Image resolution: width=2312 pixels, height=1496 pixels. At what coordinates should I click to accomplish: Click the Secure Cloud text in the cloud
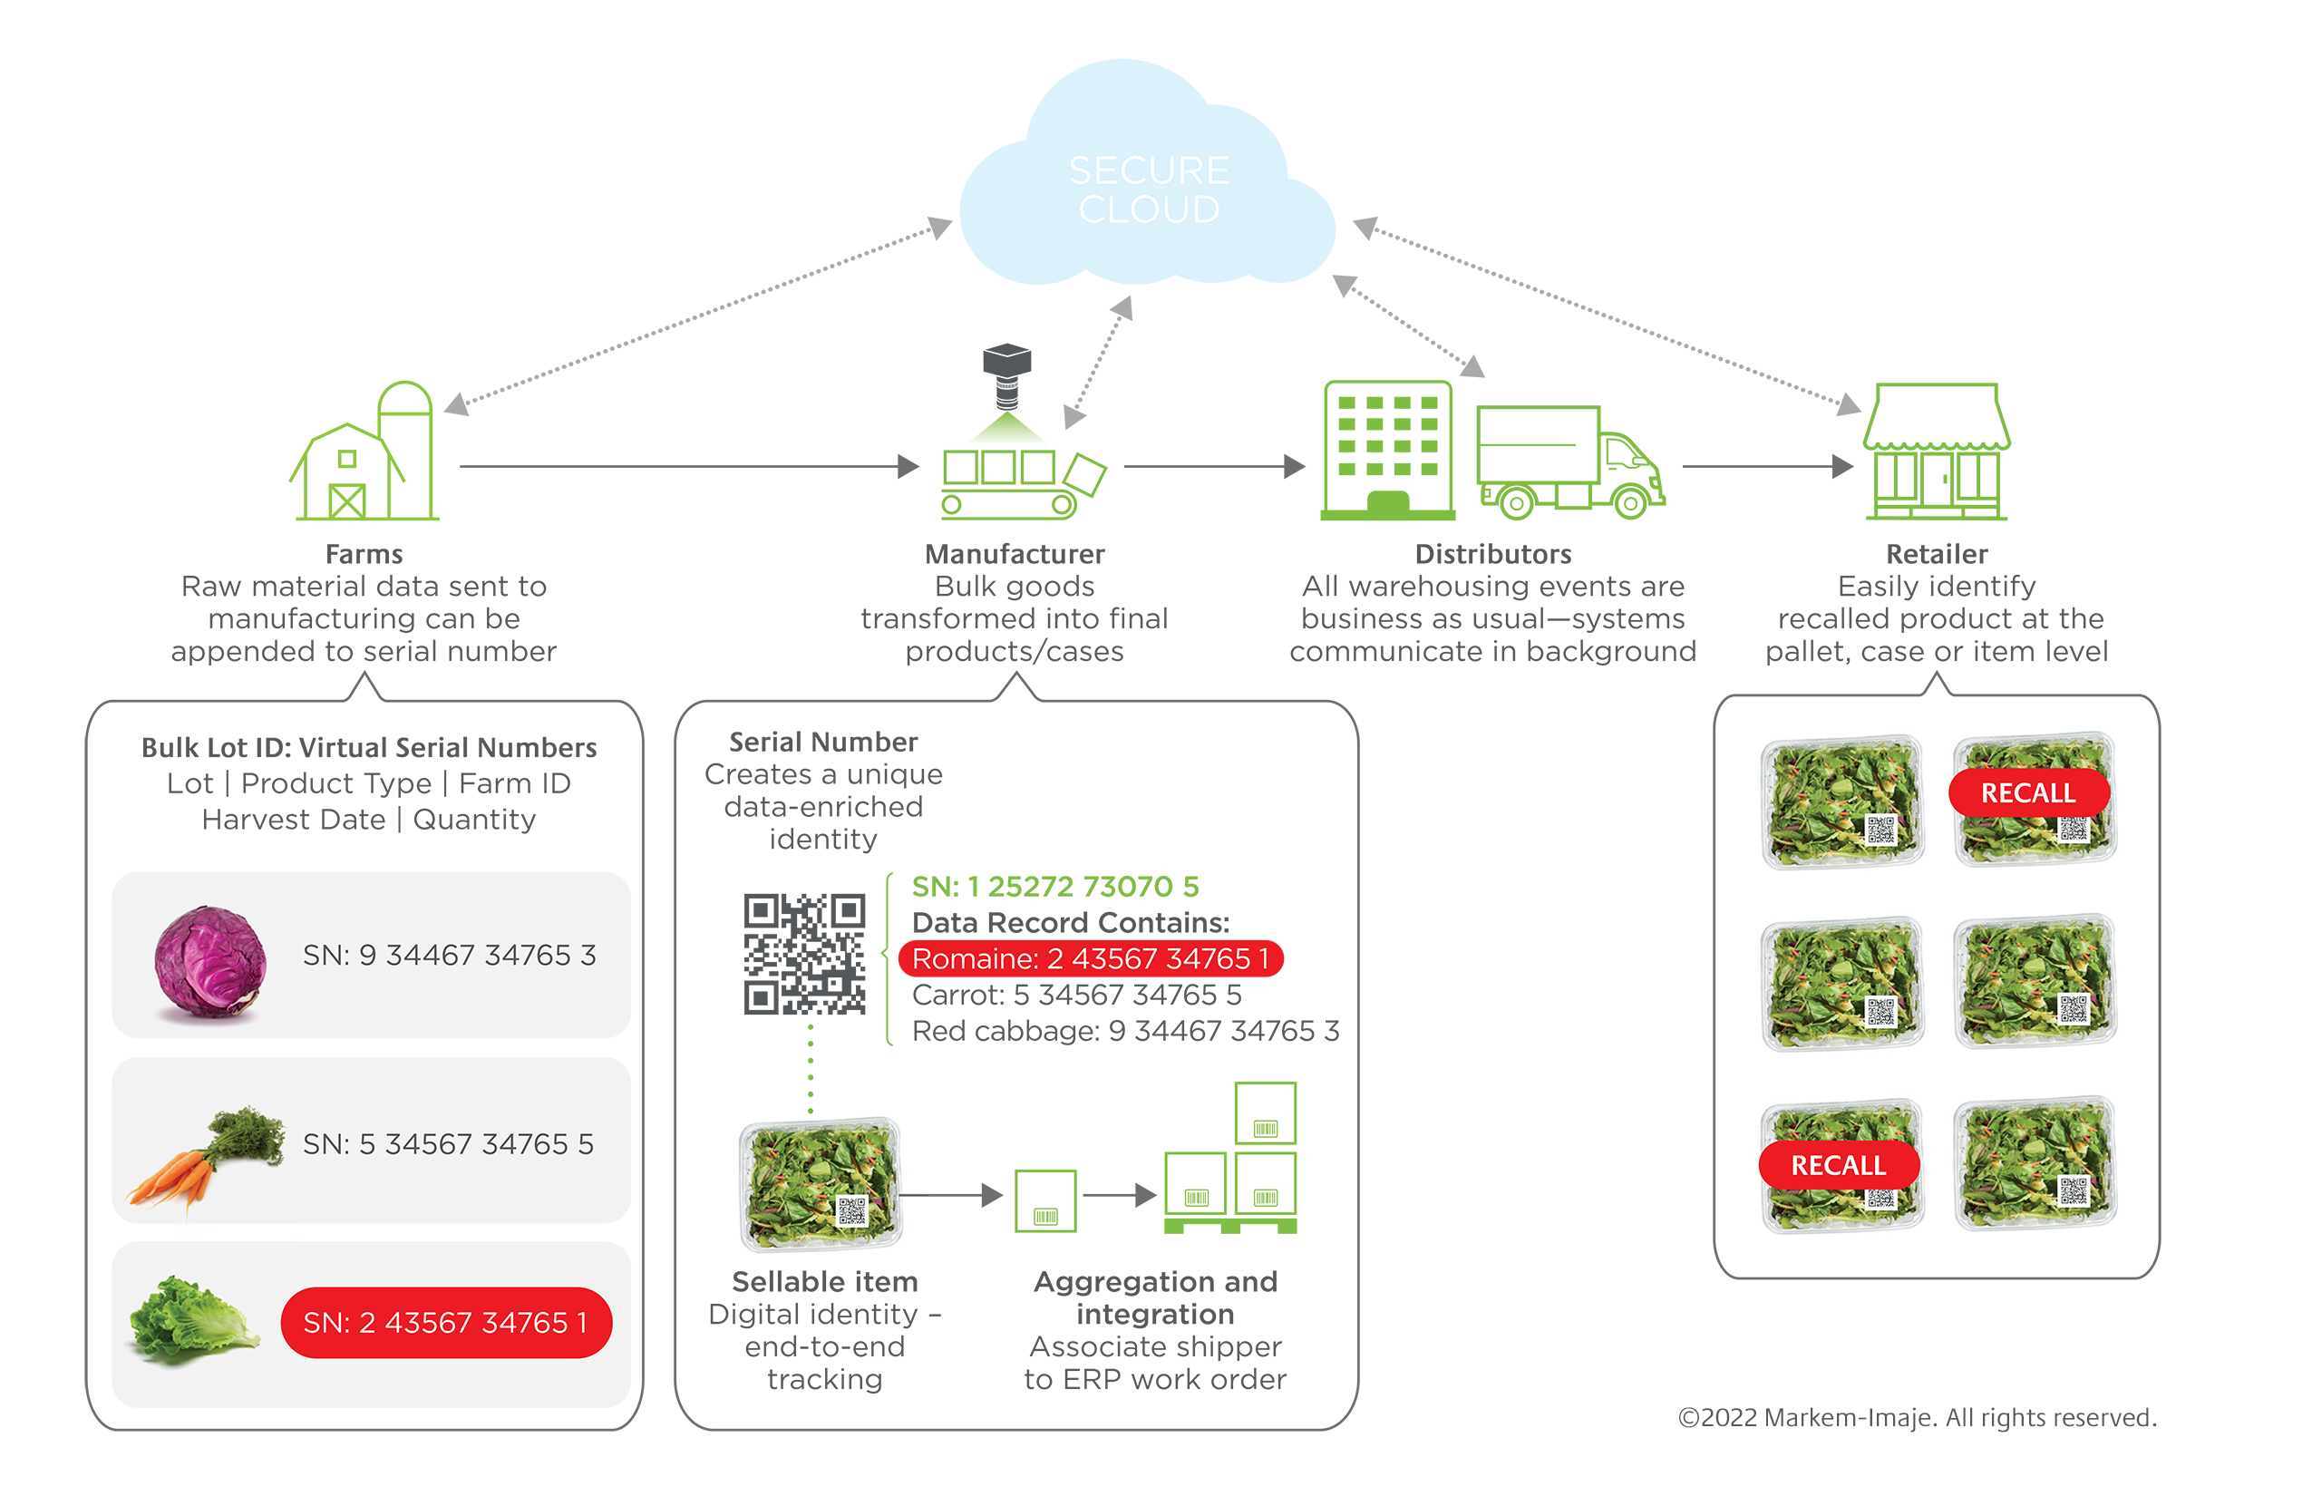point(1150,189)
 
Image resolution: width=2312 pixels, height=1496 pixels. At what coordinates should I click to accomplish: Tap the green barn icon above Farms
point(364,452)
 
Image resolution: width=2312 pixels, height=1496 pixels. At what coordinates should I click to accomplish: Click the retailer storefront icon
point(1936,452)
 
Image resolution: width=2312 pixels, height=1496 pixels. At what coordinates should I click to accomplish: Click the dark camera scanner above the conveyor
point(1006,376)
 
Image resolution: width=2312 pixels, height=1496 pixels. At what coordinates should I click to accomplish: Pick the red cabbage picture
point(209,962)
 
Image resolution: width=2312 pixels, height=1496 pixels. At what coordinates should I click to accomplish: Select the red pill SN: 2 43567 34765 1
point(446,1322)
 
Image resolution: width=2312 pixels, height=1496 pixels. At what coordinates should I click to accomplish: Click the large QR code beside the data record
point(804,954)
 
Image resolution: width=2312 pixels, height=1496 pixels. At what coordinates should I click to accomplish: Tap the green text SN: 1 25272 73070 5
point(1055,886)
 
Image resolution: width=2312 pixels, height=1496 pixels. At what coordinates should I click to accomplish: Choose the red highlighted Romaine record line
point(1091,959)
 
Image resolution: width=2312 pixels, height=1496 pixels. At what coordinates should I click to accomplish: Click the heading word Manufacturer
point(1015,554)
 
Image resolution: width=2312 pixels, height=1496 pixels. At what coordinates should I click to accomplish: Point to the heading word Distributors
point(1493,554)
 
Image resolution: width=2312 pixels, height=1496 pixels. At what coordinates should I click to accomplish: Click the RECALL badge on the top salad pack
point(2028,792)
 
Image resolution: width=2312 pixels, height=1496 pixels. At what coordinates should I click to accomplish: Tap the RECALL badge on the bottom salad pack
point(1839,1166)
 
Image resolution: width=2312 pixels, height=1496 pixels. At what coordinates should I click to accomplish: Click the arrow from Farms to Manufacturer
point(690,466)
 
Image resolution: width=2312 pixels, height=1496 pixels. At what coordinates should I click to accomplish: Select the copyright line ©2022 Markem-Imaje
point(1917,1417)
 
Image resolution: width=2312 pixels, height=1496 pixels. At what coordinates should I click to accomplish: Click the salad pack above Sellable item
point(821,1183)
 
